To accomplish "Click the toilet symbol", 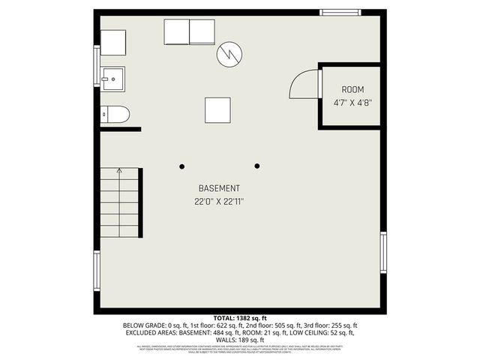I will [115, 114].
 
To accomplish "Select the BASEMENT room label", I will [219, 188].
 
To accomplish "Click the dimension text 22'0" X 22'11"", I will [219, 201].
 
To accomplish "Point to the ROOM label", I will [352, 90].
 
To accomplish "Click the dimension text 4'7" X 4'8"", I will [352, 103].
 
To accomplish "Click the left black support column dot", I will [182, 166].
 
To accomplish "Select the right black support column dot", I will [257, 166].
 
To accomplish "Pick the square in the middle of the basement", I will [217, 111].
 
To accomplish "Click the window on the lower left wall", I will [97, 270].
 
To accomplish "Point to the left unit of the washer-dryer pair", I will [176, 32].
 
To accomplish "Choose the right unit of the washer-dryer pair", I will [202, 32].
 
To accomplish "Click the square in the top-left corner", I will [113, 43].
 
